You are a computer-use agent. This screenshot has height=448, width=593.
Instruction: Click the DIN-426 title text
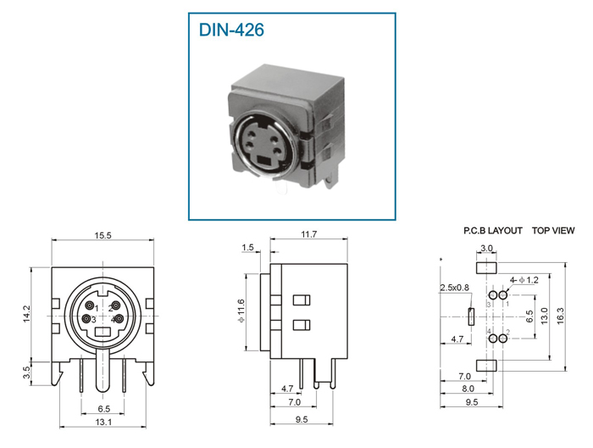pyautogui.click(x=231, y=30)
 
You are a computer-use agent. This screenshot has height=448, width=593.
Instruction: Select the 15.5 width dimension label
pyautogui.click(x=103, y=235)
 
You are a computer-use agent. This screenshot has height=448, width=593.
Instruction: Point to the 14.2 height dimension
pyautogui.click(x=26, y=314)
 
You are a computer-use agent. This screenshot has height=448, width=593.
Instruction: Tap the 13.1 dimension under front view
pyautogui.click(x=103, y=422)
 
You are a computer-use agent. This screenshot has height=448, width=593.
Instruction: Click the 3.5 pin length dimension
pyautogui.click(x=26, y=372)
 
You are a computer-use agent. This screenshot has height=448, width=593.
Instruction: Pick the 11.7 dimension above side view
pyautogui.click(x=308, y=234)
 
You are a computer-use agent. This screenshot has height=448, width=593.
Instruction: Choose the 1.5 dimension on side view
pyautogui.click(x=247, y=247)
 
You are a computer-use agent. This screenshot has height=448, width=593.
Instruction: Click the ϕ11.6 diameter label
pyautogui.click(x=241, y=311)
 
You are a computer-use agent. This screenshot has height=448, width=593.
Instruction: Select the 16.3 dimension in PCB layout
pyautogui.click(x=560, y=316)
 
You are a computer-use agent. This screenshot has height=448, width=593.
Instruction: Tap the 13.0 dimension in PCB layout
pyautogui.click(x=544, y=316)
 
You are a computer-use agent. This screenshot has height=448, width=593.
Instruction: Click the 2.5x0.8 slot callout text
pyautogui.click(x=454, y=288)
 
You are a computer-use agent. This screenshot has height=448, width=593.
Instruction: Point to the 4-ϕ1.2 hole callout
pyautogui.click(x=524, y=280)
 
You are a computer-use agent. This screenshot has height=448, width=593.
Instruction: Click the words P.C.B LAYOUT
pyautogui.click(x=493, y=231)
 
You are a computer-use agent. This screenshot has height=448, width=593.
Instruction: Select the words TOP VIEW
pyautogui.click(x=553, y=231)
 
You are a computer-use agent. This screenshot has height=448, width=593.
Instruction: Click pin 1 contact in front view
pyautogui.click(x=90, y=305)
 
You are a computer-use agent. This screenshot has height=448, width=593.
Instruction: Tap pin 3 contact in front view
pyautogui.click(x=87, y=319)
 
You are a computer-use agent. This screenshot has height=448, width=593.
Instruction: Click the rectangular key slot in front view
pyautogui.click(x=103, y=332)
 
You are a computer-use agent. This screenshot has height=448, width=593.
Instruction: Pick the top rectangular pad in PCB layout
pyautogui.click(x=486, y=267)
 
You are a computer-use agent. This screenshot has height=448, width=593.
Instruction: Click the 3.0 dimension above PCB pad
pyautogui.click(x=486, y=249)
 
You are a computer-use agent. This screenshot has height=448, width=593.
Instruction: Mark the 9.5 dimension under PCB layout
pyautogui.click(x=471, y=402)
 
